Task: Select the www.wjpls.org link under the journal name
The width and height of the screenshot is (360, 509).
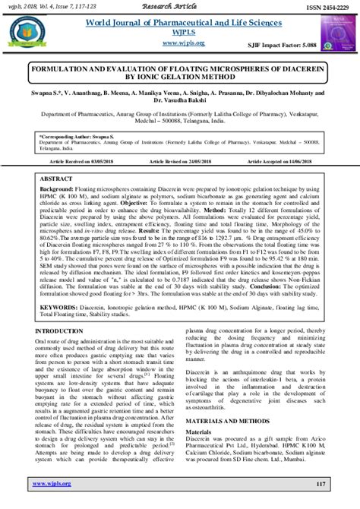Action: pyautogui.click(x=180, y=45)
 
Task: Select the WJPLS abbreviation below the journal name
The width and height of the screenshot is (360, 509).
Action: pyautogui.click(x=180, y=33)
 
